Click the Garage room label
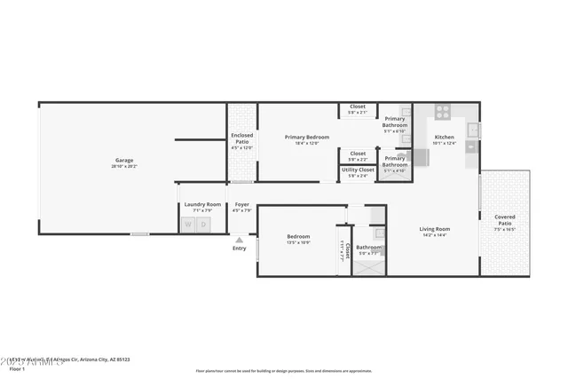click(123, 161)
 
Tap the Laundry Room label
click(202, 205)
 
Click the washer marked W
click(189, 224)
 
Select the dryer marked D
click(203, 224)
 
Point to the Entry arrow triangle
click(238, 240)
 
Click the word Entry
click(239, 249)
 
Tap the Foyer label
click(241, 205)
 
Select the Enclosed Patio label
click(241, 138)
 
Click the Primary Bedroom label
click(306, 137)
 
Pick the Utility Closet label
click(358, 170)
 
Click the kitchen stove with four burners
click(442, 112)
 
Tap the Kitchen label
click(444, 137)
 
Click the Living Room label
click(435, 229)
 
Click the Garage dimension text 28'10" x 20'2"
click(123, 166)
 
